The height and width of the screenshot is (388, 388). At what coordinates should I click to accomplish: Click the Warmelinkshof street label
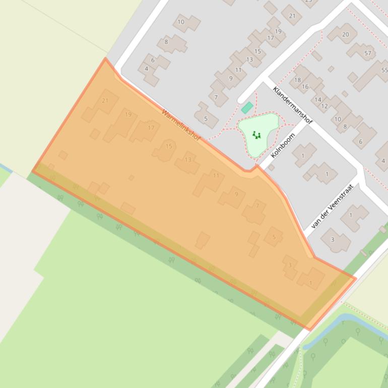(x=181, y=125)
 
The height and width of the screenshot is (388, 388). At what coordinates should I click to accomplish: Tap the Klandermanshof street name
(x=292, y=105)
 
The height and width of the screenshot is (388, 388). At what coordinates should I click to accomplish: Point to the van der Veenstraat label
(x=333, y=206)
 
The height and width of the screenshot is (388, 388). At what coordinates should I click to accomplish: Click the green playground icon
(x=257, y=135)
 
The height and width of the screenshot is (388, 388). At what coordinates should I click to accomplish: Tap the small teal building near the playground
(x=247, y=107)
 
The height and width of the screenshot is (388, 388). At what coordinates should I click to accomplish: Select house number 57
(x=367, y=53)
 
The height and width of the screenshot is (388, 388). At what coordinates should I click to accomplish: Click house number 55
(x=384, y=70)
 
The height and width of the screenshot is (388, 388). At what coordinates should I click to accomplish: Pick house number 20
(x=345, y=34)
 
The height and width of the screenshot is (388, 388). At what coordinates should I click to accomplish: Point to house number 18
(x=297, y=80)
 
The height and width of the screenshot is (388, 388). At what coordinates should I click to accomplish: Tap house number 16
(x=305, y=87)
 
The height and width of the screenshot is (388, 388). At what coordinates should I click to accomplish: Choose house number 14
(x=318, y=100)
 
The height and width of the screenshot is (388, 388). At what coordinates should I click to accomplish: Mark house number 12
(x=324, y=106)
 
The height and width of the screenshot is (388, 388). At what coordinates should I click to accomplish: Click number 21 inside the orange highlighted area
(x=105, y=100)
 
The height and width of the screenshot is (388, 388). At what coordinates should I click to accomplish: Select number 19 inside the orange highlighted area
(x=128, y=114)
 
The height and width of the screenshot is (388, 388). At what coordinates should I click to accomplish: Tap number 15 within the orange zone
(x=169, y=146)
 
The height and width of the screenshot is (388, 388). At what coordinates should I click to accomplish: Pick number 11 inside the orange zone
(x=216, y=175)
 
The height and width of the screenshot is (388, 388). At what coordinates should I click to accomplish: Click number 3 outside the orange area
(x=332, y=239)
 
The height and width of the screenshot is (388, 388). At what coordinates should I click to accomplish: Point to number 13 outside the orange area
(x=249, y=59)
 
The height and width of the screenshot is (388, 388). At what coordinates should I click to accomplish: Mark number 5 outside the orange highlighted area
(x=206, y=119)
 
